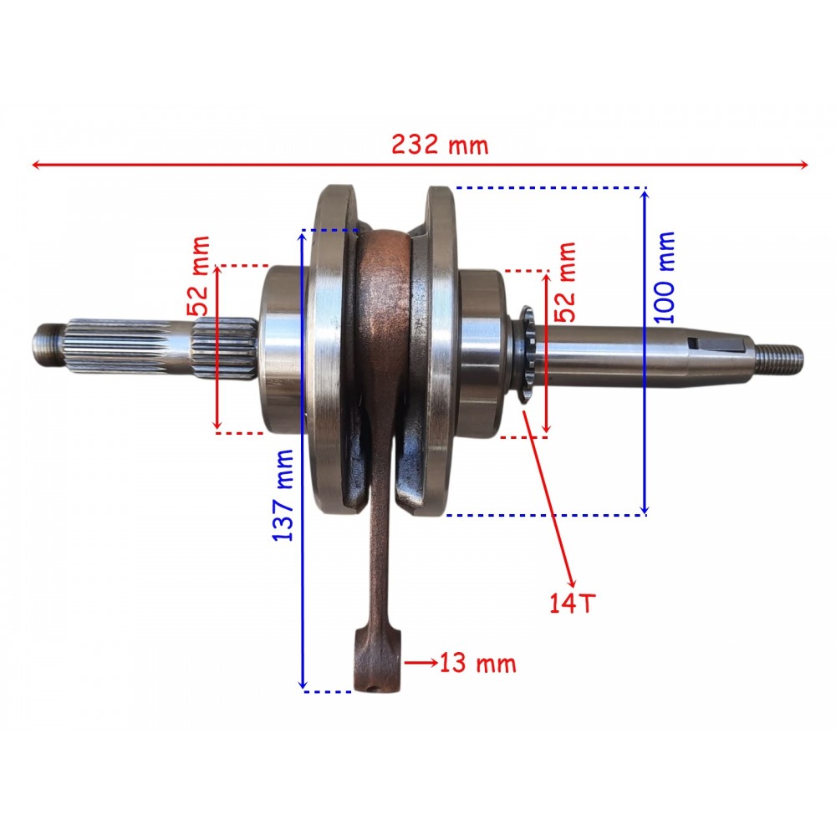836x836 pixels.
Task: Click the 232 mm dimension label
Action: pos(440,145)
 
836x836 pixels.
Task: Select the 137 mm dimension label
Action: pos(283,495)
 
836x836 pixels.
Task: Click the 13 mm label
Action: pos(478,664)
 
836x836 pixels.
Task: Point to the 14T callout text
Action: pos(572,603)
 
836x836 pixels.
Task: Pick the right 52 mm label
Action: pos(566,282)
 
